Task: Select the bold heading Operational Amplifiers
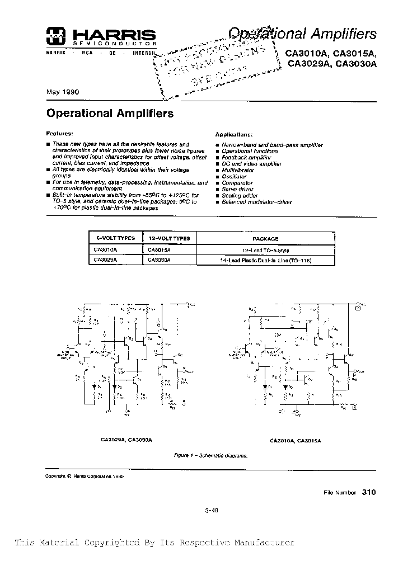pos(110,113)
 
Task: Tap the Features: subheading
pos(59,134)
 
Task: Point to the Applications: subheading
pos(234,135)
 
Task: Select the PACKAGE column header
pos(265,238)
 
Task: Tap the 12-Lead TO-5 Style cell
pos(265,251)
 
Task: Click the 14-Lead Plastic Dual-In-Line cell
pos(265,261)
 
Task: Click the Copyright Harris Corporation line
pos(84,476)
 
